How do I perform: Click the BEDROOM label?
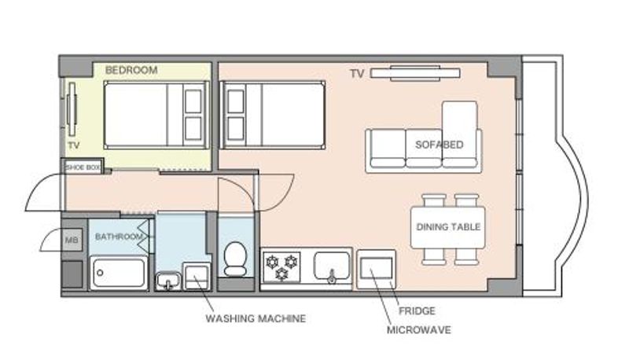pyautogui.click(x=131, y=70)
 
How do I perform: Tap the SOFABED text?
pyautogui.click(x=440, y=145)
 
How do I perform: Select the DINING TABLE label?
pyautogui.click(x=448, y=227)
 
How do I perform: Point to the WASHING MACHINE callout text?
pyautogui.click(x=256, y=318)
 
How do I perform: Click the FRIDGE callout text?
pyautogui.click(x=417, y=310)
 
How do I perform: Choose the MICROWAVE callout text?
pyautogui.click(x=419, y=330)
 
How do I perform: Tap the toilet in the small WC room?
pyautogui.click(x=235, y=259)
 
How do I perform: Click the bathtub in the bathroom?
pyautogui.click(x=118, y=273)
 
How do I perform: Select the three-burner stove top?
pyautogui.click(x=281, y=267)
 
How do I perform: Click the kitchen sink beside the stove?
pyautogui.click(x=331, y=266)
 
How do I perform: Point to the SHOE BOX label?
pyautogui.click(x=83, y=167)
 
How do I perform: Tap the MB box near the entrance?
pyautogui.click(x=72, y=241)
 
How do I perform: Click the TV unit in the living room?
pyautogui.click(x=415, y=73)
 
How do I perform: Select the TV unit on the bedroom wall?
pyautogui.click(x=72, y=108)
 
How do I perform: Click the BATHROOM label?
pyautogui.click(x=119, y=237)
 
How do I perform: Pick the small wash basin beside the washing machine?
pyautogui.click(x=168, y=281)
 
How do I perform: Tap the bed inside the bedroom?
pyautogui.click(x=156, y=115)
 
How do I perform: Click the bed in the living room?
pyautogui.click(x=273, y=115)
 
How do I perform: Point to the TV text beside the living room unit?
pyautogui.click(x=357, y=74)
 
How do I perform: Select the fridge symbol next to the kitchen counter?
pyautogui.click(x=376, y=269)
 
